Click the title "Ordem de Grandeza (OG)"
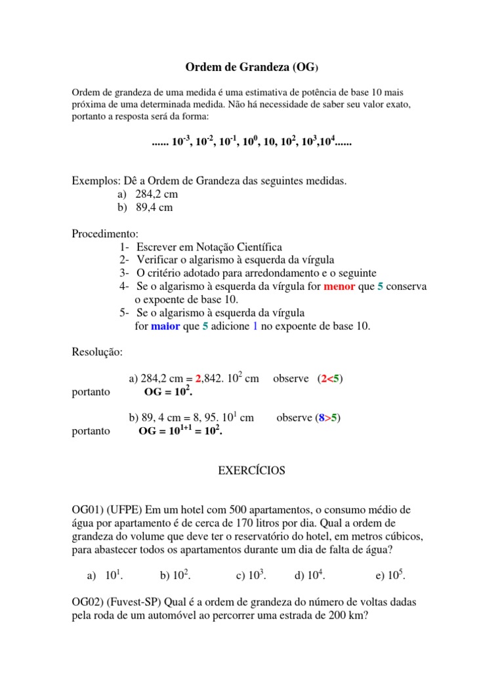point(251,67)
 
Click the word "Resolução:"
point(97,352)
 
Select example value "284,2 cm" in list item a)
point(157,195)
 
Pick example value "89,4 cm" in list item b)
point(154,208)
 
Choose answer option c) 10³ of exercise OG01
point(250,576)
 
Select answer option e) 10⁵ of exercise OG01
point(390,576)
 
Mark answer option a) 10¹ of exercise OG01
point(106,576)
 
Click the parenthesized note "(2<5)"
point(329,379)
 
